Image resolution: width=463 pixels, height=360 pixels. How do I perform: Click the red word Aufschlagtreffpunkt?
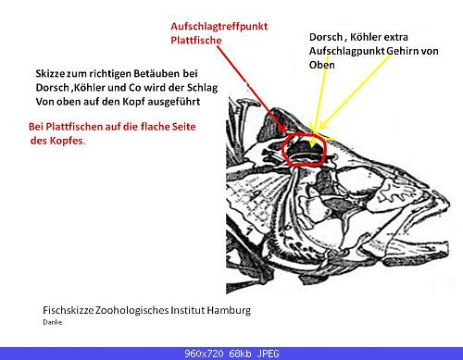point(219,27)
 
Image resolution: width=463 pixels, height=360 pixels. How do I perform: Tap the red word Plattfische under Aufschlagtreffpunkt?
point(196,40)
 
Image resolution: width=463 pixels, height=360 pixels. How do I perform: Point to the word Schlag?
point(202,88)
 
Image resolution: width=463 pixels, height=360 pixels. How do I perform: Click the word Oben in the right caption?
point(322,65)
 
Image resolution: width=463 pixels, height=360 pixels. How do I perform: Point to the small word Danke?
point(53,322)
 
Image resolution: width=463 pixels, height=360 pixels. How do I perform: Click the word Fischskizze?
point(69,310)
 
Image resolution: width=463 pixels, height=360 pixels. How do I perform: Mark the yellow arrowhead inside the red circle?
point(312,143)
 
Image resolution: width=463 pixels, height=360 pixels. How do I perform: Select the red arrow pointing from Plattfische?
point(253,90)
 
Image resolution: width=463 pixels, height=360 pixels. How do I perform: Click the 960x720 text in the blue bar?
point(204,354)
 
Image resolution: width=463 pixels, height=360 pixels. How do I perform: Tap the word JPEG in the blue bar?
point(269,354)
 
